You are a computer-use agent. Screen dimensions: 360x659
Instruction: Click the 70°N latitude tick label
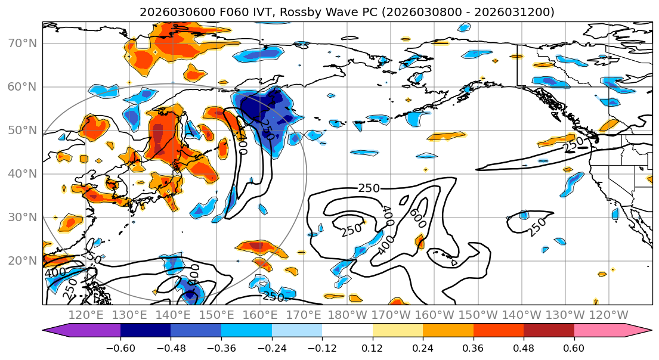[x=23, y=43]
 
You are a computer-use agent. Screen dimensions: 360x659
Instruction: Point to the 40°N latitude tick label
[x=23, y=173]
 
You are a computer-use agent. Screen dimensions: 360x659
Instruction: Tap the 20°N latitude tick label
[x=23, y=260]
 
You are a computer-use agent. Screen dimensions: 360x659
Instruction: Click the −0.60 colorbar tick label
[x=120, y=347]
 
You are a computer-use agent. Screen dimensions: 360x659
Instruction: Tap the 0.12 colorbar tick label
[x=372, y=347]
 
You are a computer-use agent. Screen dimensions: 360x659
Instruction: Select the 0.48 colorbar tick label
[x=524, y=347]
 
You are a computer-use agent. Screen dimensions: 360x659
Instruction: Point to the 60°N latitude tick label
[x=23, y=86]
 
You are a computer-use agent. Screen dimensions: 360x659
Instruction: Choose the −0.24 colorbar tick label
[x=271, y=347]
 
